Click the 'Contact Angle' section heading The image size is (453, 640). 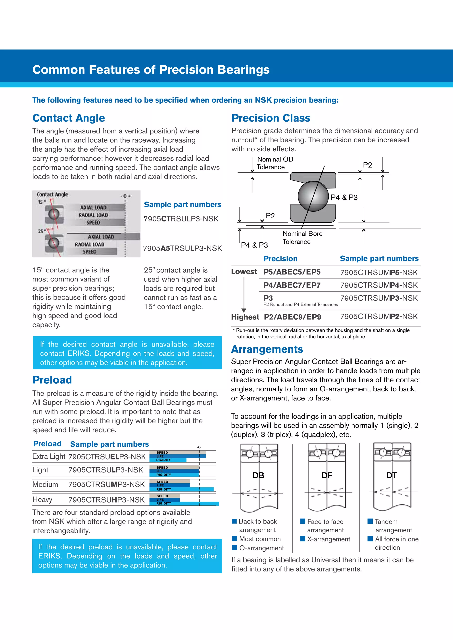coord(69,118)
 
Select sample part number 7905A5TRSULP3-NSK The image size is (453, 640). coord(182,248)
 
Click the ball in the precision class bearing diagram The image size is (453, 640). coord(313,196)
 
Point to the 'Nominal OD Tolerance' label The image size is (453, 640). coord(275,163)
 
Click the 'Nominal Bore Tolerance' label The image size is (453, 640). coord(302,238)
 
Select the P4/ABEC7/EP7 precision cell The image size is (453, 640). coord(292,285)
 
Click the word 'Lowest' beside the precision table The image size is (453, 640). coord(244,272)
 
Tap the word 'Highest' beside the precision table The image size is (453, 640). coord(245,317)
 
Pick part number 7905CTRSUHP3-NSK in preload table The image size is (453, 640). coord(107,500)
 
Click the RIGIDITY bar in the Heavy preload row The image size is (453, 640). coord(184,503)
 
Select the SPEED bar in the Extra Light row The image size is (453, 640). coord(177,452)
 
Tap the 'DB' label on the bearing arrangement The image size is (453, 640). coord(258,475)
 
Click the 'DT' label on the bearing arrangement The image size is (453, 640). coord(391,475)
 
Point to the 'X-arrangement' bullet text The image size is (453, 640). coord(328,539)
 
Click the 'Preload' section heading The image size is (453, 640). coord(52,380)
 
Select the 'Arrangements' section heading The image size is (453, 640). coord(267,349)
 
